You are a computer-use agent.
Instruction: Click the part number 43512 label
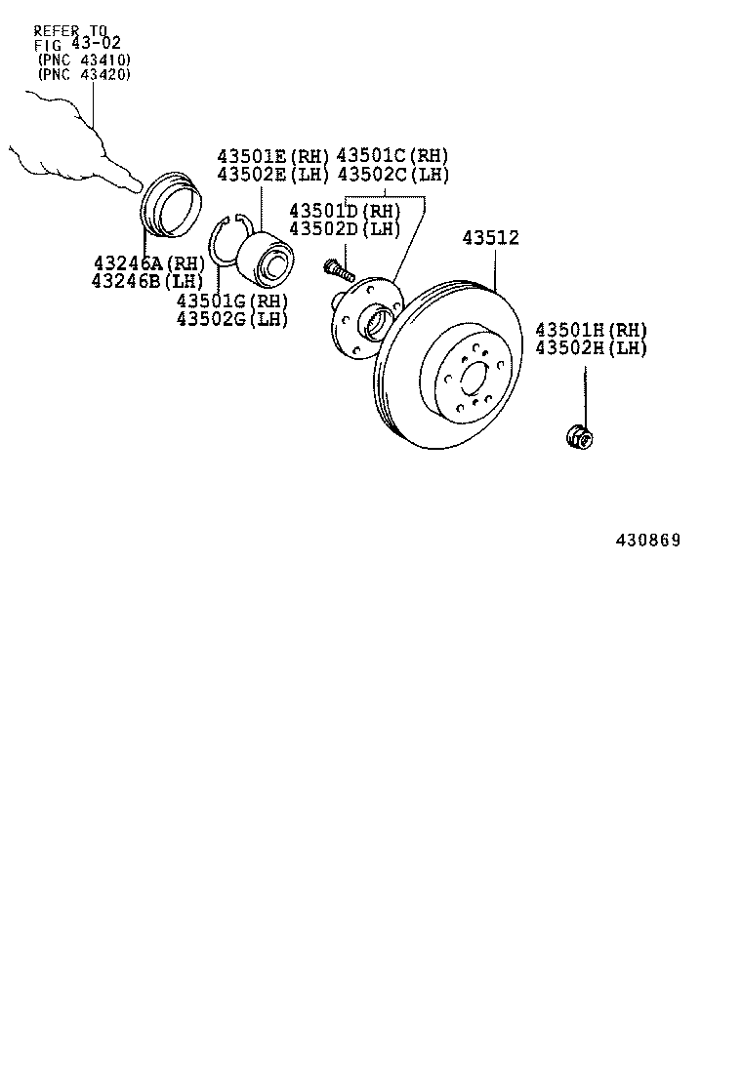tap(490, 238)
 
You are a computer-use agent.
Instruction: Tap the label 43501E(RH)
tap(272, 156)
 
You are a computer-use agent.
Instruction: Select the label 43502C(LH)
tap(392, 175)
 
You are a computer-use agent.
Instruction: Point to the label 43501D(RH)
tap(345, 211)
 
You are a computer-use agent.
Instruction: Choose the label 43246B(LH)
tap(148, 281)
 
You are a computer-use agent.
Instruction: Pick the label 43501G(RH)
tap(232, 301)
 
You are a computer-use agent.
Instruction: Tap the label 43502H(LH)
tap(590, 348)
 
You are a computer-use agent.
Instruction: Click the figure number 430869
tap(646, 541)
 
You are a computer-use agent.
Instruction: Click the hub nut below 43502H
tap(580, 437)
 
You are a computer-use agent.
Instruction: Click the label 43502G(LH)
tap(232, 318)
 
